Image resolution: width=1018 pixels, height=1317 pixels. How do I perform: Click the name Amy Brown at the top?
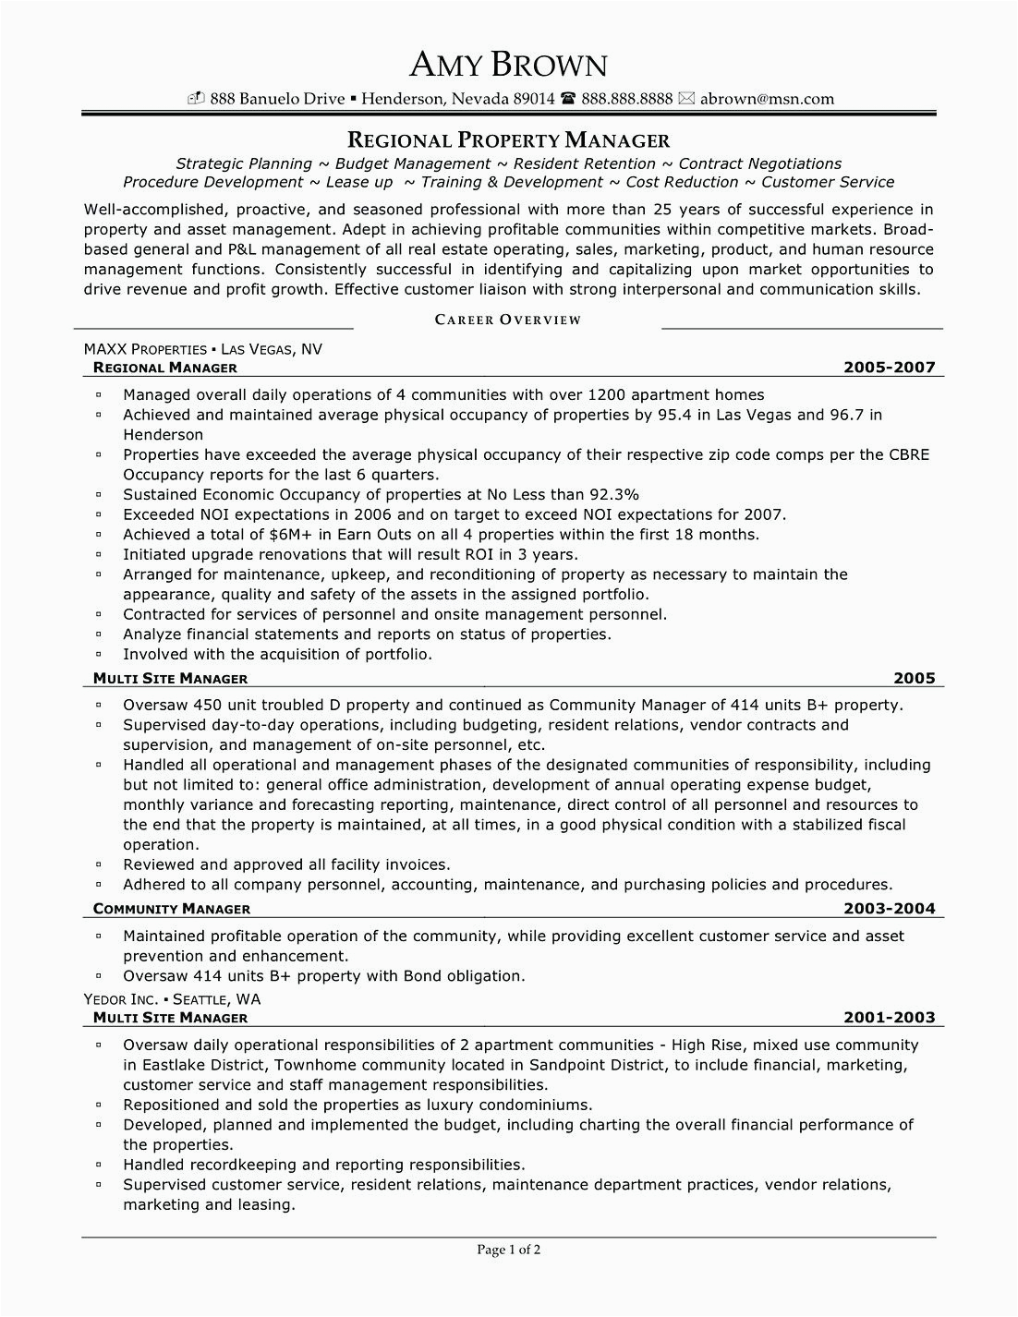509,64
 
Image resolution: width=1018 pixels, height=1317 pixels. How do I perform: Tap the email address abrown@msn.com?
767,99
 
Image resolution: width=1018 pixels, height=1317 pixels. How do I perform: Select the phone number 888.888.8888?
626,99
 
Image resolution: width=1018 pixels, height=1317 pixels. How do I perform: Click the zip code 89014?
533,99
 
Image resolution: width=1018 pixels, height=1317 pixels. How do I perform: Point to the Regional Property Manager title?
508,140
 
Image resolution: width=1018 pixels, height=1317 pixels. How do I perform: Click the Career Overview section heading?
508,320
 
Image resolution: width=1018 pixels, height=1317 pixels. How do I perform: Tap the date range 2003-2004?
889,909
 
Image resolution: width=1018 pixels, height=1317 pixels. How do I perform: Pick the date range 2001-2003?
889,1018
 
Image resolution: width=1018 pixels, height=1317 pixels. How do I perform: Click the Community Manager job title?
172,909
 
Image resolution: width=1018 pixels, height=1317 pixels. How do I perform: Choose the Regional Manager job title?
165,368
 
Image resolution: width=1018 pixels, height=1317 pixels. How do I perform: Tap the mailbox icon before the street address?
196,99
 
